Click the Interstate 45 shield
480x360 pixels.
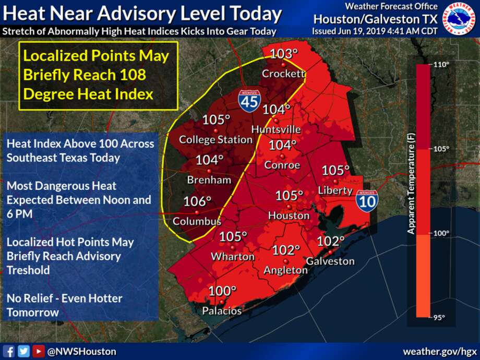pos(249,100)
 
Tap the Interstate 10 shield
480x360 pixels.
pos(367,200)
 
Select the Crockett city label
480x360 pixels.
pos(283,74)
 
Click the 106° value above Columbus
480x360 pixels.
pos(197,201)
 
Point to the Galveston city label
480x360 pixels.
pos(330,261)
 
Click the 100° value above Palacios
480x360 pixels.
pos(223,291)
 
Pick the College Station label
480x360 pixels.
pos(215,140)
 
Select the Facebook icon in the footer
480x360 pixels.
pos(9,351)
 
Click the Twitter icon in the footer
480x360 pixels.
pos(23,351)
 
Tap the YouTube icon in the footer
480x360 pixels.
pos(38,351)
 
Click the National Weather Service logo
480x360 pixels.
pos(459,19)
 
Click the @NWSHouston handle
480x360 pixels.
pos(82,352)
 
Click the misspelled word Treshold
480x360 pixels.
pos(28,270)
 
